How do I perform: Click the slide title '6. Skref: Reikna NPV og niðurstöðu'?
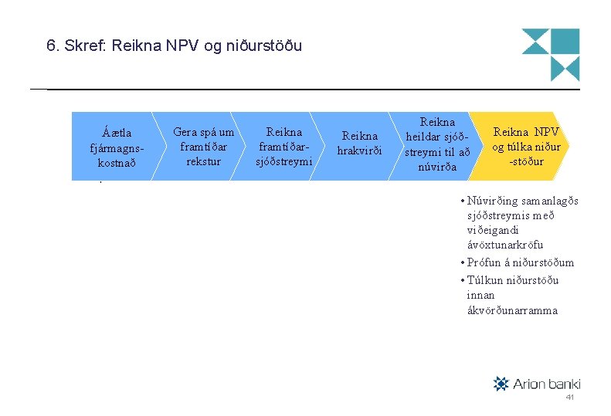(x=175, y=46)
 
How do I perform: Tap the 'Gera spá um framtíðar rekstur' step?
(x=203, y=147)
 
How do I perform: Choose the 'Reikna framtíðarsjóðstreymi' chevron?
(x=283, y=147)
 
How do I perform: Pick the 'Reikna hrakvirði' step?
(x=360, y=144)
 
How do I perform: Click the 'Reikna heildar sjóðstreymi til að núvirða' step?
(x=437, y=144)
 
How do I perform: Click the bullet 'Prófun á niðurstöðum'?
(x=520, y=262)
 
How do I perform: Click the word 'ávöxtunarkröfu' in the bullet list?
(x=505, y=245)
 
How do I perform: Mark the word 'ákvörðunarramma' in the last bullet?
(x=512, y=310)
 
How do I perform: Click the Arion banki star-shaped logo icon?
(x=501, y=384)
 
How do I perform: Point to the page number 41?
(x=569, y=397)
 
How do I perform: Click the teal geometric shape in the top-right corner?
(x=550, y=55)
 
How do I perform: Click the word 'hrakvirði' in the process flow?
(x=360, y=151)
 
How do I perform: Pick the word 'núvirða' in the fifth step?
(x=437, y=167)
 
